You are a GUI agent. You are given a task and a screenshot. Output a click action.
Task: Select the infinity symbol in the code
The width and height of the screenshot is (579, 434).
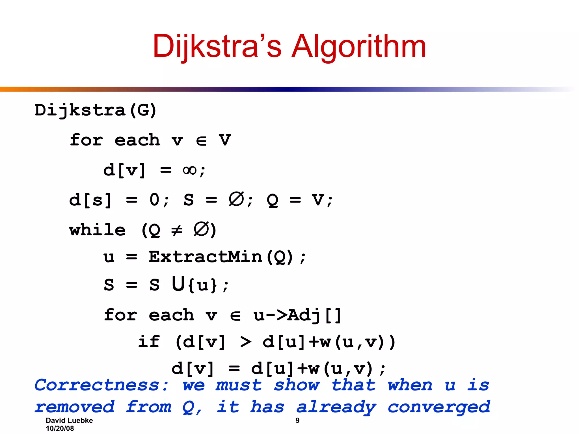[x=190, y=170]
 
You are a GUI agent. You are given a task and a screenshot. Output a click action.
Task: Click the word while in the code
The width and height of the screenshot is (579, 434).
[x=98, y=230]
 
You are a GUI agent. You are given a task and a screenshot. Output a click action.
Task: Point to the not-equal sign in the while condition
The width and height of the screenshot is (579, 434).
[x=177, y=230]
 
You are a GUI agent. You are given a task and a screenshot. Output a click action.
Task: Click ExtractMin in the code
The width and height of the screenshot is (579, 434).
[x=206, y=257]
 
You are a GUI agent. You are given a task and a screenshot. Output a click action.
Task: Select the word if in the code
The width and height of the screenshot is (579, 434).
[x=149, y=342]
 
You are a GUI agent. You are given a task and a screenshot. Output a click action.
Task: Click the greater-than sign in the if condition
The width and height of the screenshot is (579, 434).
[x=245, y=342]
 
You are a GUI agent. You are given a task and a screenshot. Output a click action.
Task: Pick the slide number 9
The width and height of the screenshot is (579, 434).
[x=297, y=420]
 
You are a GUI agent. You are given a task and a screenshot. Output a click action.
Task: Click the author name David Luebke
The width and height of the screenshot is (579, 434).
[x=69, y=420]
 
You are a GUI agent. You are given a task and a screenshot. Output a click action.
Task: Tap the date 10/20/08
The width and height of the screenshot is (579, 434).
[x=60, y=428]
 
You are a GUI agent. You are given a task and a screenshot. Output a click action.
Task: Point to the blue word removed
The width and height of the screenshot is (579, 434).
[x=75, y=407]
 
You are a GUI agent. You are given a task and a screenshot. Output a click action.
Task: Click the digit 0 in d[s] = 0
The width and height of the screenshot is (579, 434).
[x=155, y=200]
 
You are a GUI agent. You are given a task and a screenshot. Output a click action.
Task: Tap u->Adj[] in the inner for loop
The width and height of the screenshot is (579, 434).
[x=297, y=315]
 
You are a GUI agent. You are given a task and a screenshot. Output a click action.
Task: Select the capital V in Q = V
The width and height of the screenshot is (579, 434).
[x=318, y=200]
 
